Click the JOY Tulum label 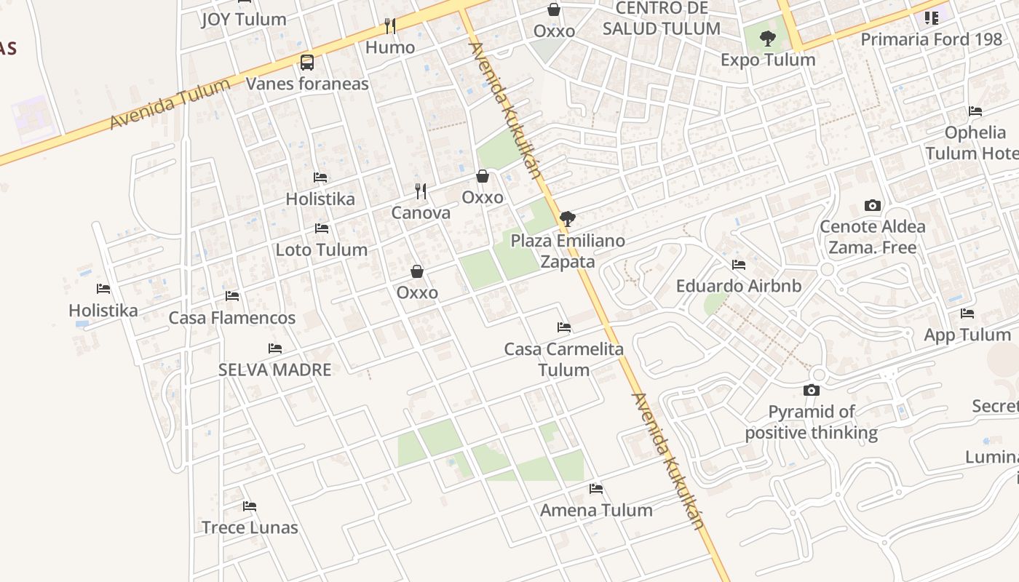[244, 20]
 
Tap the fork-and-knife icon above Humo [390, 27]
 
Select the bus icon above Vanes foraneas [307, 63]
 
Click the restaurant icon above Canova [421, 191]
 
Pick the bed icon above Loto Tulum [322, 228]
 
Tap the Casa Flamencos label [232, 318]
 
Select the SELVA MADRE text [275, 370]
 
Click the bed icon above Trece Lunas [250, 506]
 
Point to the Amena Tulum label [596, 510]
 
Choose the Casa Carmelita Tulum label [564, 359]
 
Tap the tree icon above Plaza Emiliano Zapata [568, 218]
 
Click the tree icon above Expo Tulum [768, 39]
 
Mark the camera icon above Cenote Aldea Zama [873, 205]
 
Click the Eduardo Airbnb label [739, 286]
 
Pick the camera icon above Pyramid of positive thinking [812, 391]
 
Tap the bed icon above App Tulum [967, 314]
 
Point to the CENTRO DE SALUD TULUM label [662, 19]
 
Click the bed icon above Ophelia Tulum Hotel [975, 111]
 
